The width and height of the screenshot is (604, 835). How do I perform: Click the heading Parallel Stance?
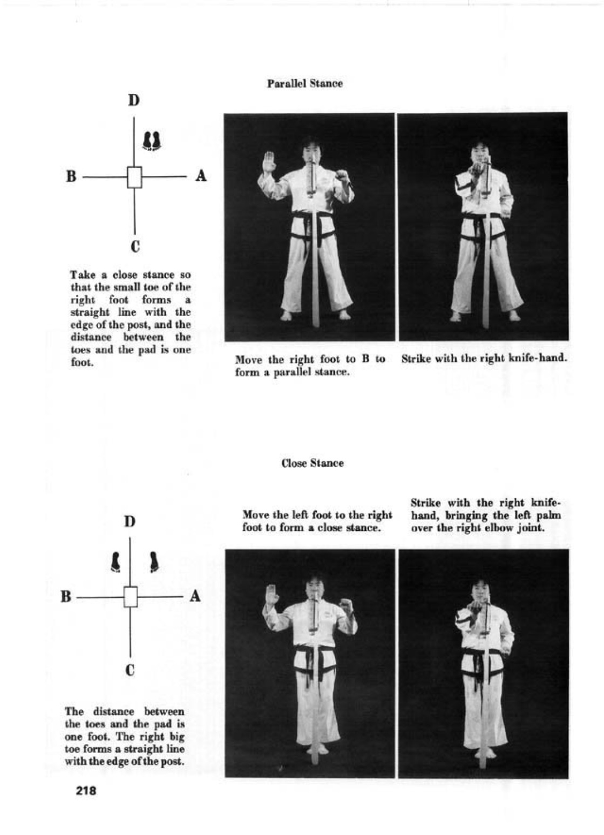[x=304, y=84]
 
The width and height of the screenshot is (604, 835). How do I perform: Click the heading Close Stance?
[x=312, y=463]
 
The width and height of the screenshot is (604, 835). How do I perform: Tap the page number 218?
[x=86, y=791]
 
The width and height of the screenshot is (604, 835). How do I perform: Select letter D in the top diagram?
[x=133, y=101]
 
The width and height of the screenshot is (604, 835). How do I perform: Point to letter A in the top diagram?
[x=201, y=176]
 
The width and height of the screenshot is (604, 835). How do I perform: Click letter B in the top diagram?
[x=71, y=176]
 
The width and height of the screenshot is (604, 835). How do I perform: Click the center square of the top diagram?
[x=134, y=177]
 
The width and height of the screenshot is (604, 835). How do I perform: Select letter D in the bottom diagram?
[x=130, y=522]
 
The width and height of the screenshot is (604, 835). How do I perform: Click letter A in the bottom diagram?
[x=195, y=596]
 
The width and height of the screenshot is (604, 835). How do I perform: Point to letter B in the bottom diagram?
[x=66, y=597]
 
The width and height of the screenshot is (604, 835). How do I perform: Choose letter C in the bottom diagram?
[x=130, y=670]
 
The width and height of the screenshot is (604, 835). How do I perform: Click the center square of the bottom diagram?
[x=130, y=597]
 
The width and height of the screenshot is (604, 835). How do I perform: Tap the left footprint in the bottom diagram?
[x=115, y=562]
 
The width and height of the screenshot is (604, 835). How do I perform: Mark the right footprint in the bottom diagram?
[x=154, y=562]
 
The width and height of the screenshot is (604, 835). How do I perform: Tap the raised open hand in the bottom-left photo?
[x=272, y=595]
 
